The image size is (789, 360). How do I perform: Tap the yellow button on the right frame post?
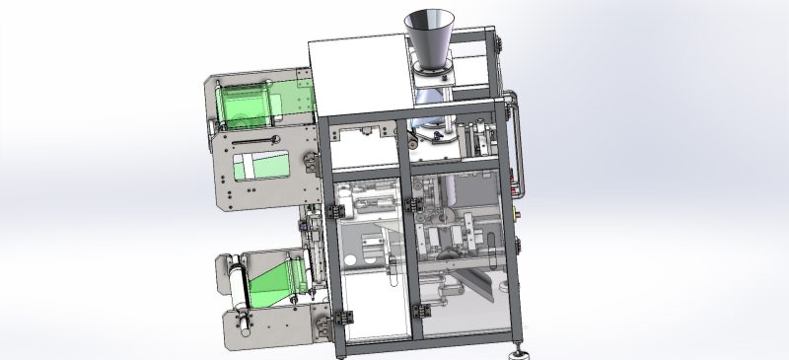[519, 211]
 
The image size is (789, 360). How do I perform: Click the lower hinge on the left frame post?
[346, 316]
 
